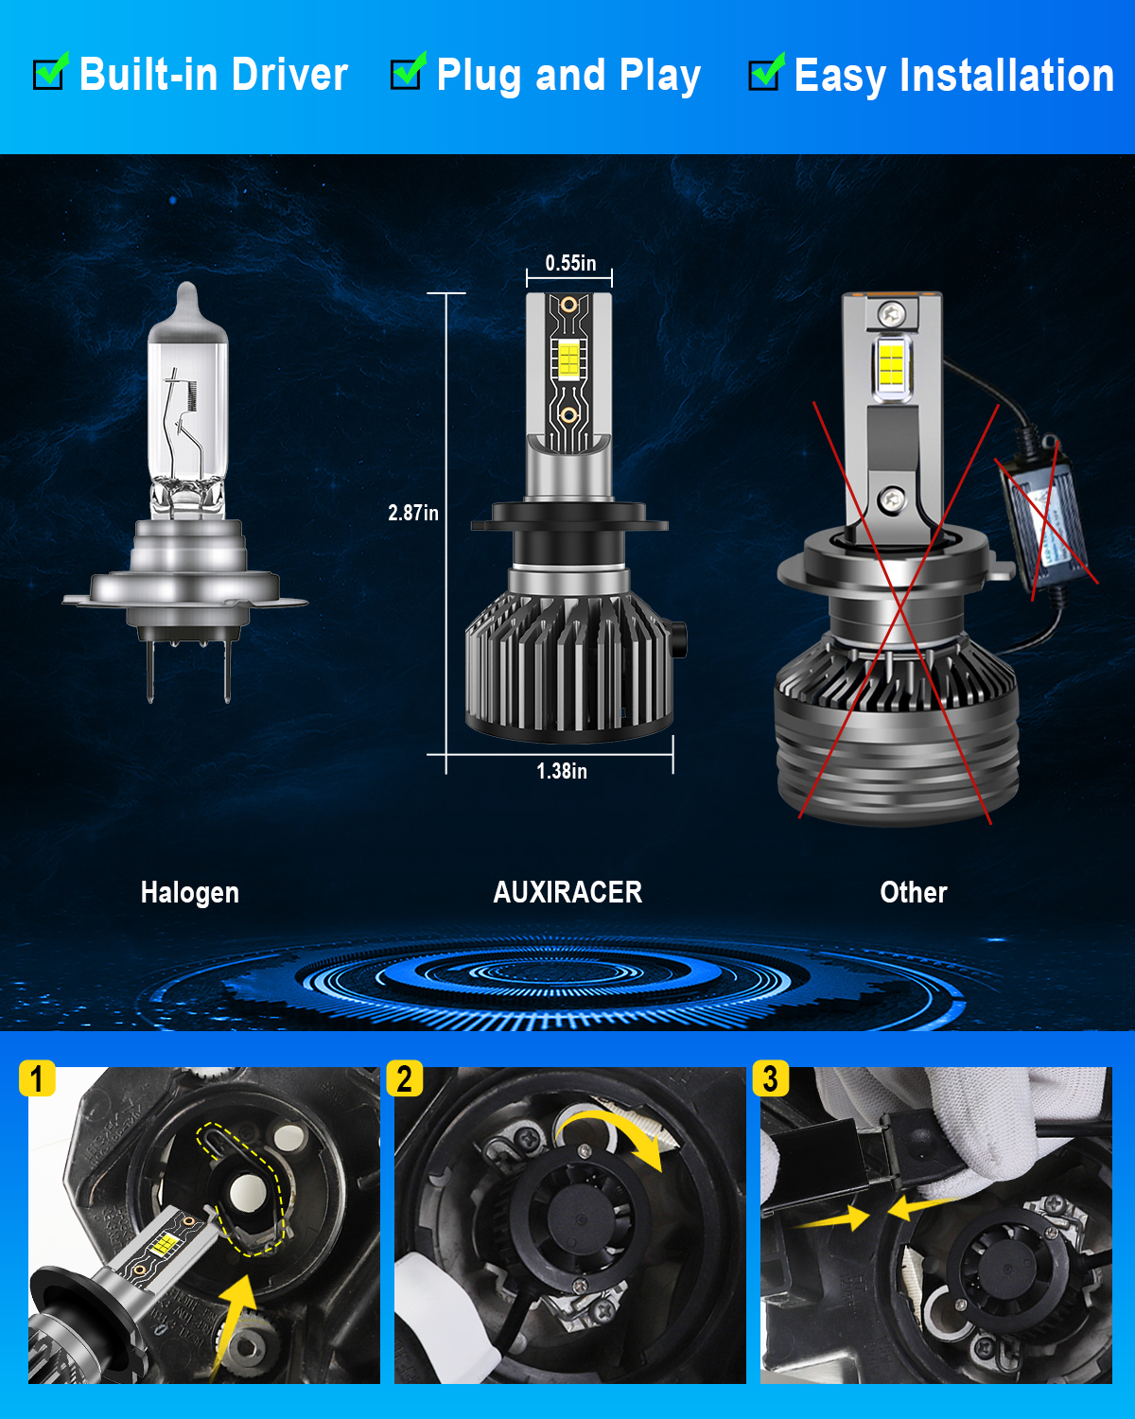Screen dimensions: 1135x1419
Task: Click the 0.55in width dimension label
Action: coord(570,263)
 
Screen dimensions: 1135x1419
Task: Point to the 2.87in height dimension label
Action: coord(412,513)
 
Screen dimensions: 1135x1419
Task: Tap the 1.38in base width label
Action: coord(561,771)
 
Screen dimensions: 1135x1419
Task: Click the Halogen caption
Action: coord(190,892)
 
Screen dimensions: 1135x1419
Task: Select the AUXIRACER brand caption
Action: coord(567,892)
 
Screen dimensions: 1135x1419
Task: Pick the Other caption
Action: coord(914,892)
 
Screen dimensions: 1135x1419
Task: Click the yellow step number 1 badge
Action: coord(37,1078)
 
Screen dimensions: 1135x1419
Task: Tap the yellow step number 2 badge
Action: coord(404,1078)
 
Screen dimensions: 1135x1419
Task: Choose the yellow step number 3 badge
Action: coord(770,1078)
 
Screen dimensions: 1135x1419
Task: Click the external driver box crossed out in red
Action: coord(1044,514)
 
